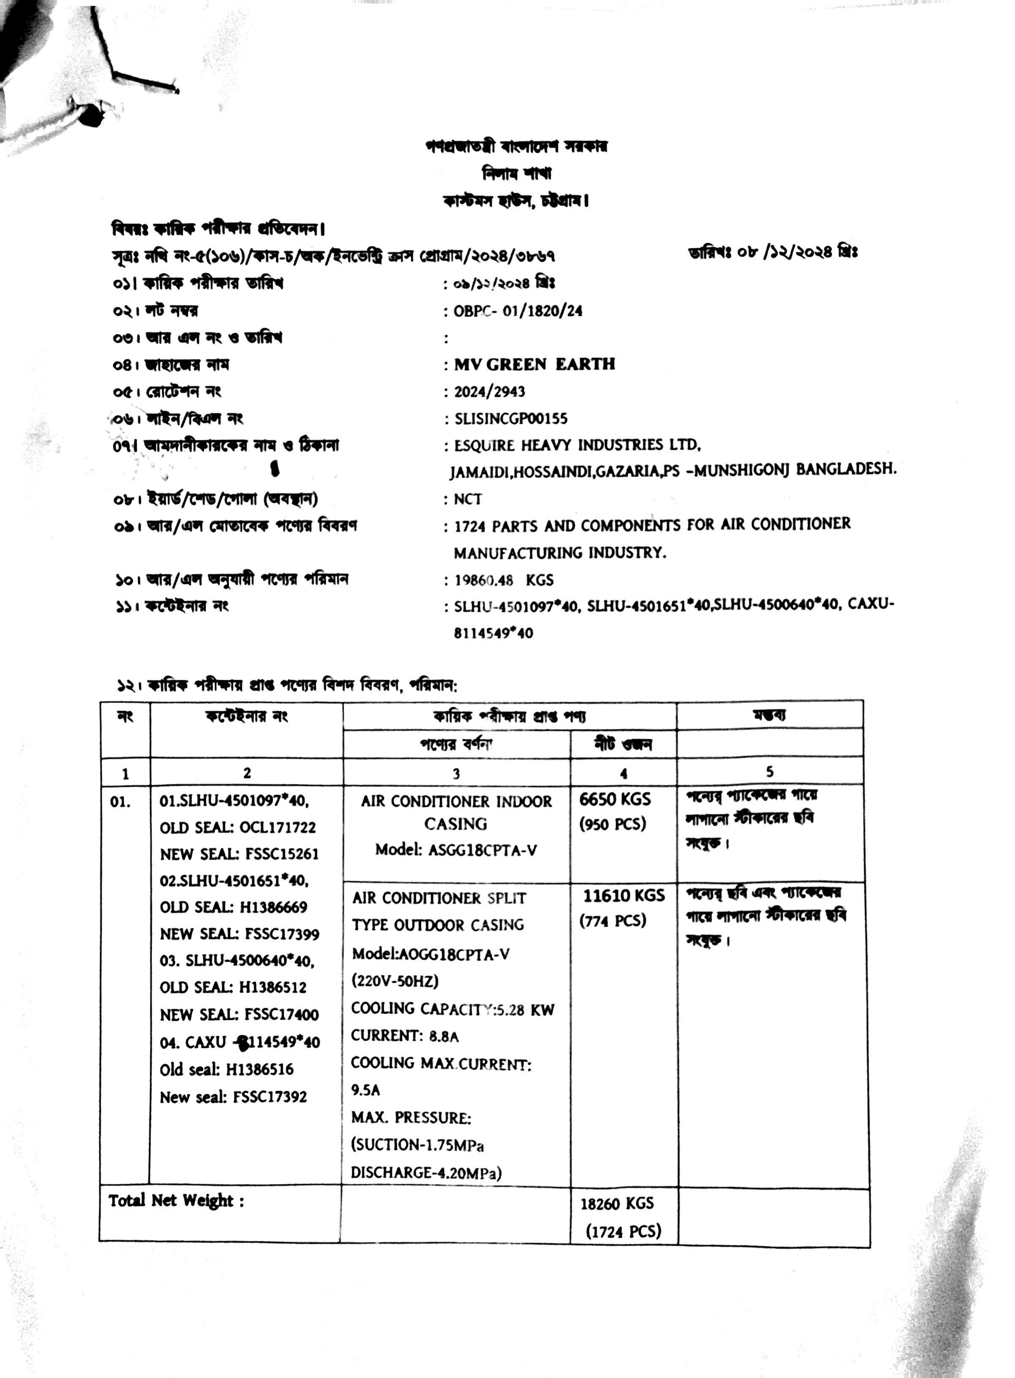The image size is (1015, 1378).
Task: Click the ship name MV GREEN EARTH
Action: pyautogui.click(x=535, y=364)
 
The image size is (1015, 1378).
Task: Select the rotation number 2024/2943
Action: pyautogui.click(x=490, y=391)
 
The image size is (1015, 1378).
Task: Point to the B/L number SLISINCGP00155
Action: pyautogui.click(x=510, y=419)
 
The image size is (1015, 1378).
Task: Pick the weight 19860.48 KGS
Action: pyautogui.click(x=503, y=580)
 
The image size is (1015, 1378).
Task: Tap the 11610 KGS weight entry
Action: pyautogui.click(x=624, y=896)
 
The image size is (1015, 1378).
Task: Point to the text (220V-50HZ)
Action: pyautogui.click(x=395, y=981)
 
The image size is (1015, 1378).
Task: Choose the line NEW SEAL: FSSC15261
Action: pyautogui.click(x=239, y=854)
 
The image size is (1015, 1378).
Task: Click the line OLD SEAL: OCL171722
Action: pyautogui.click(x=238, y=827)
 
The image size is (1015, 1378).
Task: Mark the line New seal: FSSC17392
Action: pyautogui.click(x=233, y=1097)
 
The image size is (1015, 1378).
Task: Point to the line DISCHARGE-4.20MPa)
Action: pyautogui.click(x=426, y=1173)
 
